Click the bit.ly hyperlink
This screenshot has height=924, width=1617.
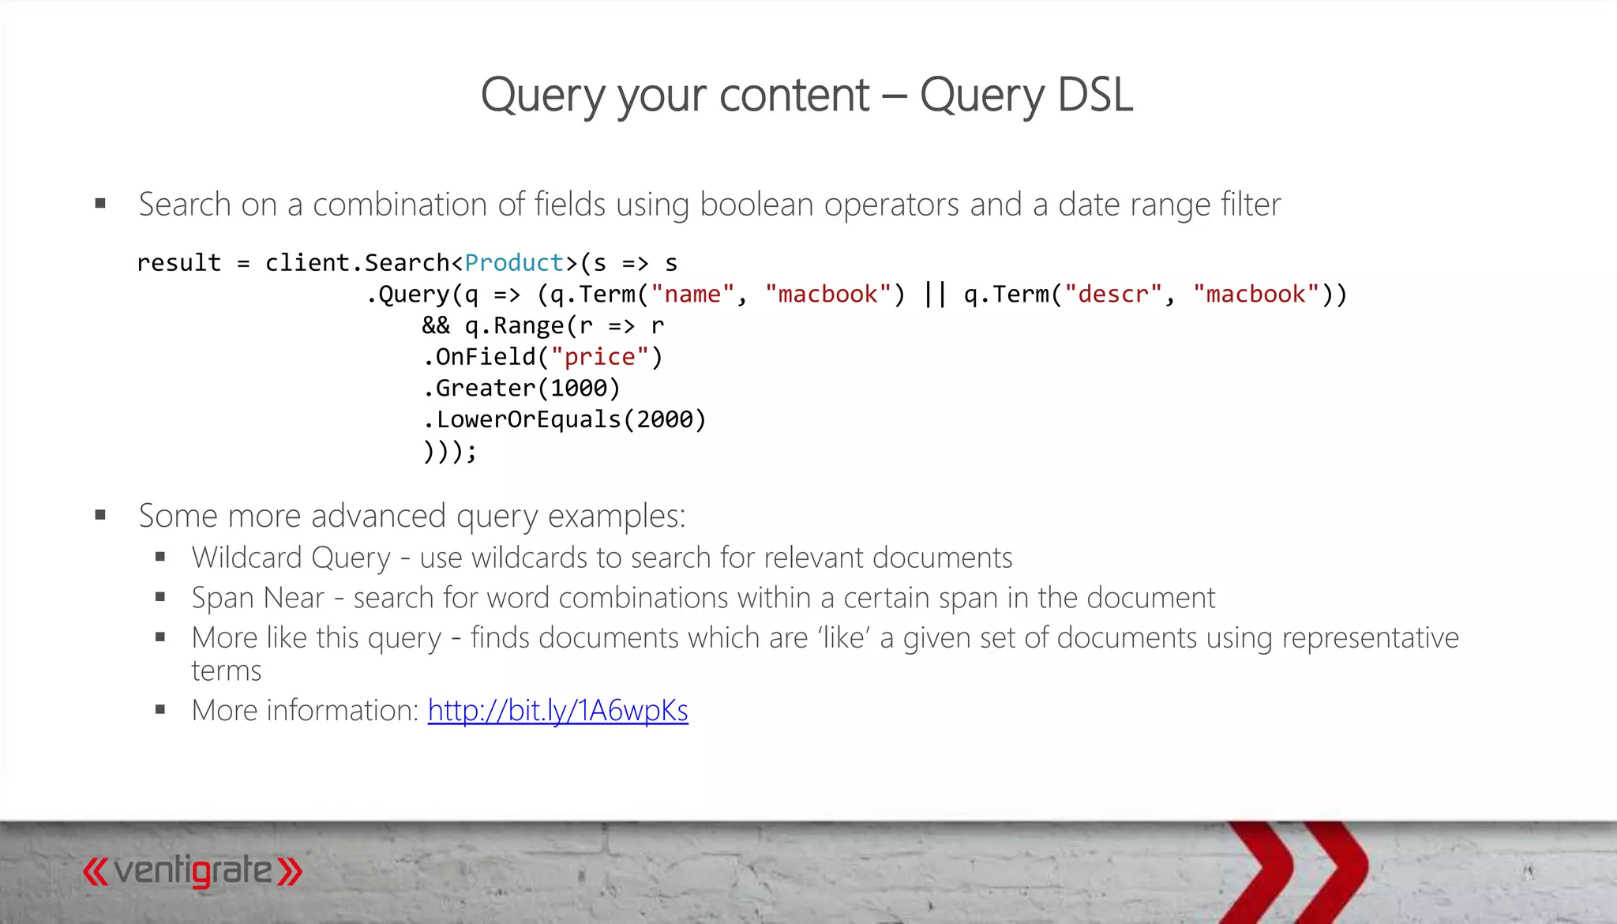[x=557, y=711]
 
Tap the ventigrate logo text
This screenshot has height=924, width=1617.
[x=193, y=872]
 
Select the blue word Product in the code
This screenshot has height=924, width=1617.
[x=514, y=263]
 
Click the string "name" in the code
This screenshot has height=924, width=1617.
[x=692, y=295]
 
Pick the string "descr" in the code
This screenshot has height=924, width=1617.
[x=1113, y=295]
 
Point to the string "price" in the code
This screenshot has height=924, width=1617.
[x=599, y=357]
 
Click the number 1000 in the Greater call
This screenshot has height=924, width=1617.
[x=578, y=389]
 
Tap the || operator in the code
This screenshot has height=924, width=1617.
[x=935, y=295]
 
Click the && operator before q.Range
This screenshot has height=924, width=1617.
[x=436, y=325]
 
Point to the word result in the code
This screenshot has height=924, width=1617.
[x=179, y=263]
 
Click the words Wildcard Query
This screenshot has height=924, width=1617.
[x=291, y=558]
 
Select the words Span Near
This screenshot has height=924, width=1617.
[x=258, y=599]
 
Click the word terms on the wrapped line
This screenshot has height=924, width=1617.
[x=227, y=671]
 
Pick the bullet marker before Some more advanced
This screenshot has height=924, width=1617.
[x=100, y=516]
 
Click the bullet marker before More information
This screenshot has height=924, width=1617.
[x=160, y=710]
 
